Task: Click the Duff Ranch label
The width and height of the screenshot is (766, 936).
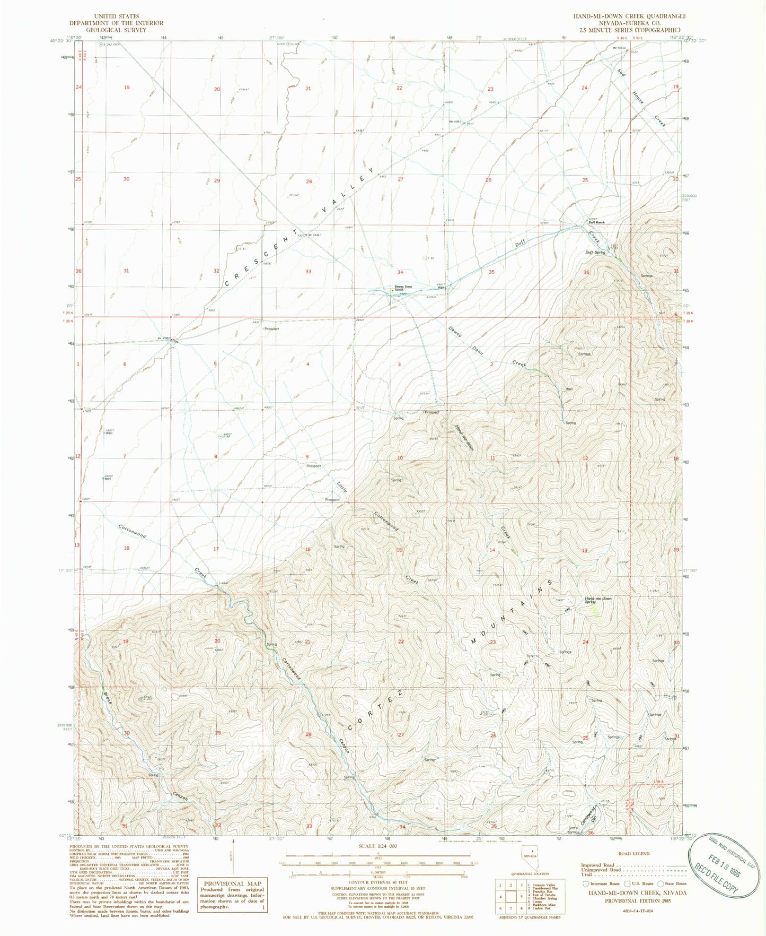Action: [x=596, y=222]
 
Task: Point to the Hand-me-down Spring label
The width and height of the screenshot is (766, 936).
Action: [x=598, y=600]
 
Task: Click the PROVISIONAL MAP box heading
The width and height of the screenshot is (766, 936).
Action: [x=232, y=883]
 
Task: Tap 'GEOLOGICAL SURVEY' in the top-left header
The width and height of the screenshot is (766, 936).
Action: [x=116, y=30]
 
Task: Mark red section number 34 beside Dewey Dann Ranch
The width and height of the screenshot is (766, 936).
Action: [x=400, y=272]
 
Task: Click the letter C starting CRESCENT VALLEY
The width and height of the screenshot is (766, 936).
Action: [x=227, y=283]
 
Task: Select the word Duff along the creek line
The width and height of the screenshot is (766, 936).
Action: [x=520, y=244]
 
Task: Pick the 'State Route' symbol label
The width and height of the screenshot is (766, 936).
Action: [x=675, y=883]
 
